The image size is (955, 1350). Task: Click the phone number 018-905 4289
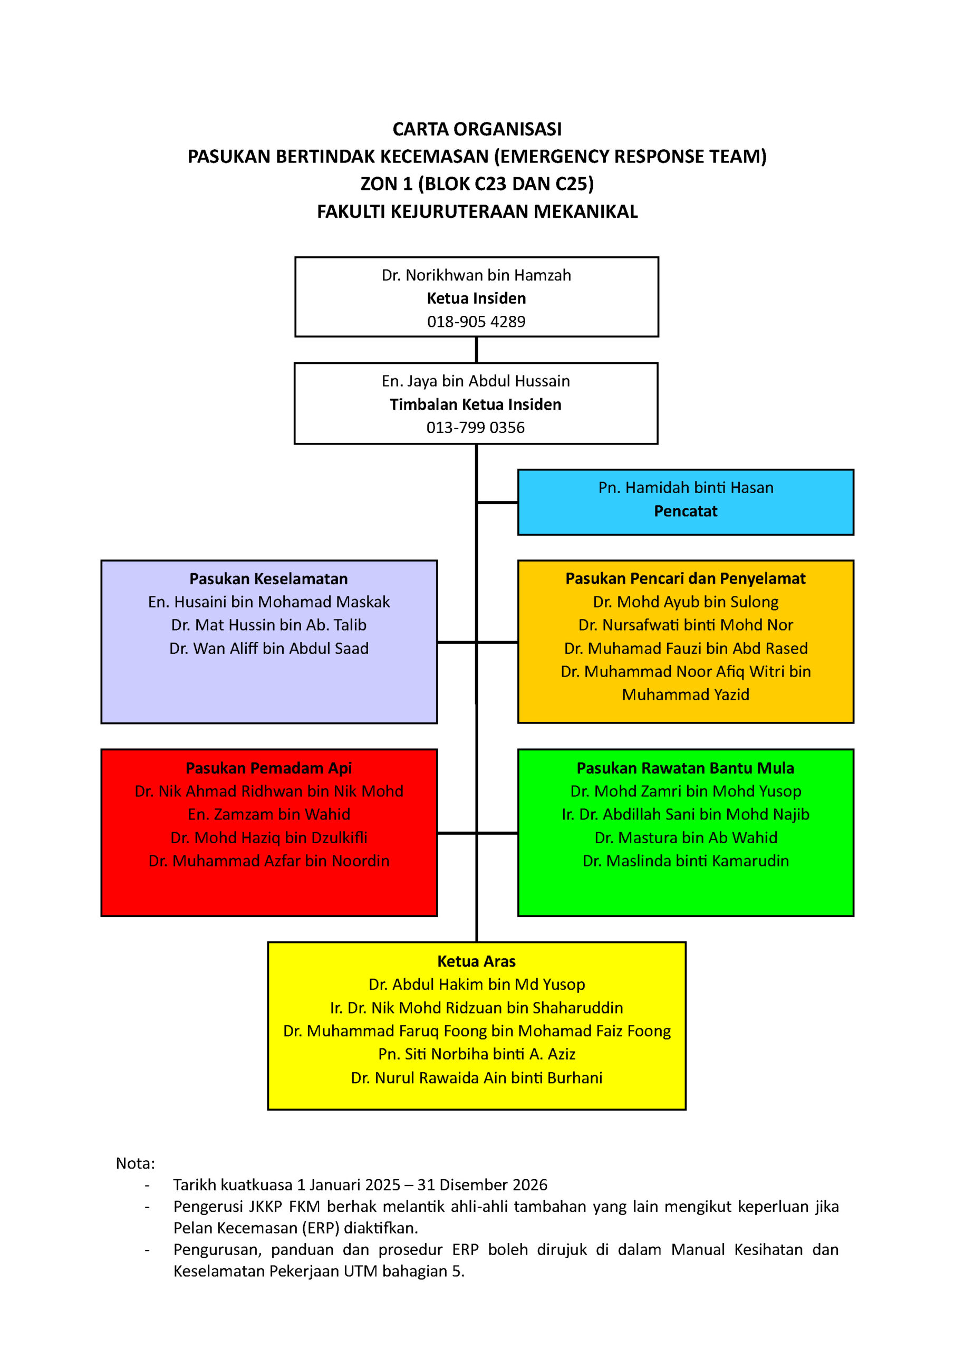click(x=476, y=322)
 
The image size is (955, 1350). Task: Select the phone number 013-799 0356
click(x=476, y=428)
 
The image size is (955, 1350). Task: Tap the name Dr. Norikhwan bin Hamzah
click(x=476, y=275)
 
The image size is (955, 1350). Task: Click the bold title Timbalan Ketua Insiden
click(x=476, y=404)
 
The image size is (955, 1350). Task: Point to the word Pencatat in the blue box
click(x=686, y=511)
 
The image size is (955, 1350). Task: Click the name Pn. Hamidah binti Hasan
click(x=686, y=487)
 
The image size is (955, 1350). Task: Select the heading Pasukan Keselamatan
click(x=269, y=578)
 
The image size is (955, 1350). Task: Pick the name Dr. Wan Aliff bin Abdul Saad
click(x=269, y=648)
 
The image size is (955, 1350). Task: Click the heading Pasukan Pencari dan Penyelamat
click(x=686, y=578)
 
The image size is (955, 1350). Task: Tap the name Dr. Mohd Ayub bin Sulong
click(x=686, y=602)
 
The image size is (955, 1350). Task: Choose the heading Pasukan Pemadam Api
click(x=269, y=768)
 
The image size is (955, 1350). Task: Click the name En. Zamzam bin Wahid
click(x=269, y=814)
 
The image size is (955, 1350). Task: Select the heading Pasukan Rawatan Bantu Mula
click(x=686, y=768)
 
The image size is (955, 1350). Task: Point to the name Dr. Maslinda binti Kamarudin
click(x=686, y=861)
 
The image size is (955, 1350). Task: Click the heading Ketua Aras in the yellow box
click(x=476, y=961)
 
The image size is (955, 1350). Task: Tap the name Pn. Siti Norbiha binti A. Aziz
click(x=476, y=1054)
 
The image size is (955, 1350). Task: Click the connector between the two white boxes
click(x=476, y=350)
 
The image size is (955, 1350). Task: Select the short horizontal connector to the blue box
click(x=497, y=503)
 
